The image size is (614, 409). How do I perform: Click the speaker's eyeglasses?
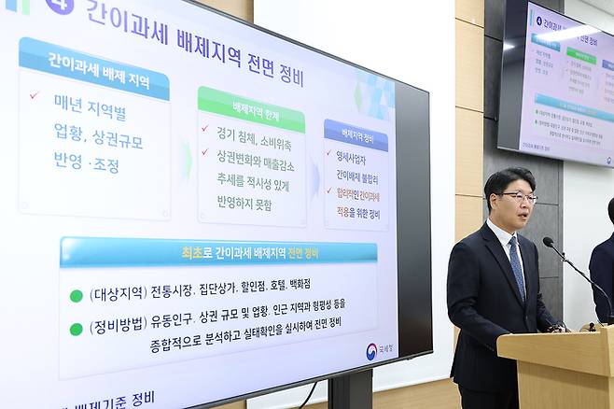click(519, 197)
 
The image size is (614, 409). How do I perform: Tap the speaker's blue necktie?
click(517, 265)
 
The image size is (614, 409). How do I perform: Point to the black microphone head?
click(548, 243)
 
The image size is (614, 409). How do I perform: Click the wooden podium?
click(558, 368)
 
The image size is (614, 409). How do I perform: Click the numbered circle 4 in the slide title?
click(59, 6)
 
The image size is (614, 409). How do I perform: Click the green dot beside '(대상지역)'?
click(77, 296)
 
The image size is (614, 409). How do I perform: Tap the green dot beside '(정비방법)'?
click(77, 329)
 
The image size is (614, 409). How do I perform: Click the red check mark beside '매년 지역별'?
click(35, 95)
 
